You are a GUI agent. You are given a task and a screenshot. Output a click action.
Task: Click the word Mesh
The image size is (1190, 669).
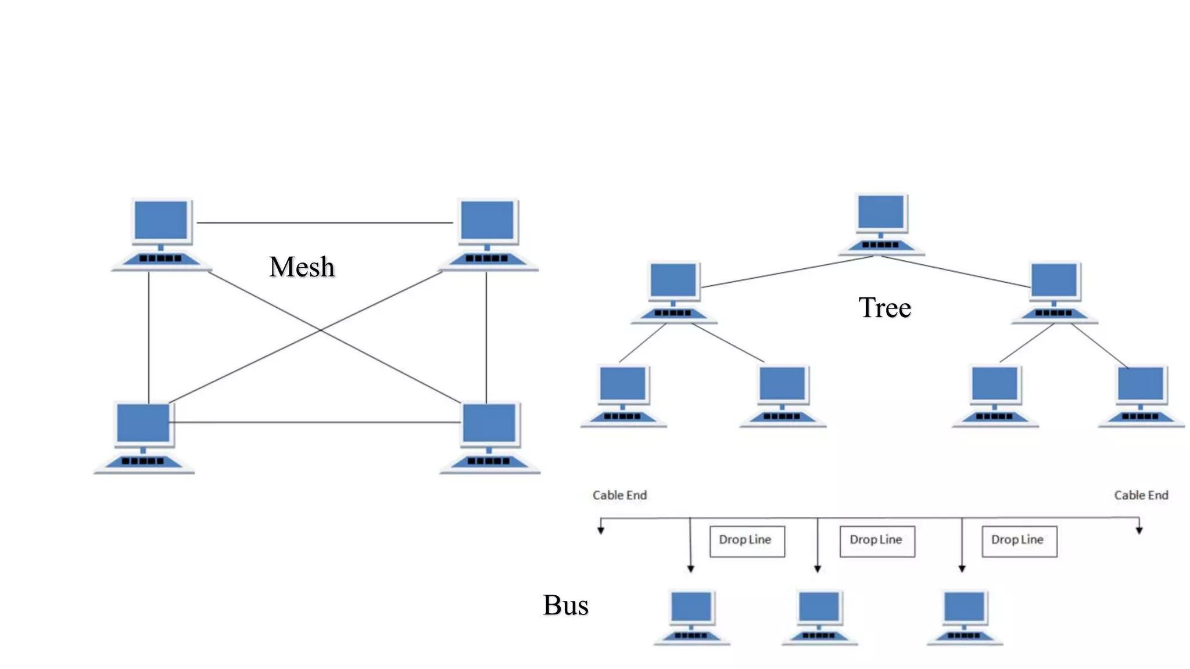tap(302, 267)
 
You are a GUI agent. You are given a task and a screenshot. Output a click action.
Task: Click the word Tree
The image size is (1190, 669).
tap(884, 308)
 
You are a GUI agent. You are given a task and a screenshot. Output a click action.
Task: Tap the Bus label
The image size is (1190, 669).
tap(565, 605)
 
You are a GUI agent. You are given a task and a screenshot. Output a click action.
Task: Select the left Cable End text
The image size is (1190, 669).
tap(619, 495)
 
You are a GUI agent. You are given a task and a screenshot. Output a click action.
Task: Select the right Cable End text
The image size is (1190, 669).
tap(1141, 495)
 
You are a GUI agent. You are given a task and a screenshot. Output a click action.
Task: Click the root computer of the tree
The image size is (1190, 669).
tap(881, 224)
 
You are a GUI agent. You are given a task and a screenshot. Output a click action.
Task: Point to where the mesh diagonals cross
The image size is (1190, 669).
tap(320, 330)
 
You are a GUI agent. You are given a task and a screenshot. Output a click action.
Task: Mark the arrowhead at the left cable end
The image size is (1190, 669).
tap(601, 530)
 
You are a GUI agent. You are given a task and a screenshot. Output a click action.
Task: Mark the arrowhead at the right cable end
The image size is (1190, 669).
tap(1139, 530)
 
